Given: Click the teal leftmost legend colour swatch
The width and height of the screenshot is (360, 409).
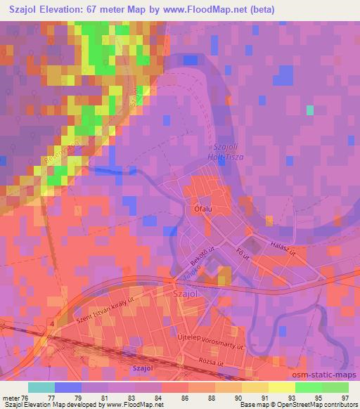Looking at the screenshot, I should [41, 387].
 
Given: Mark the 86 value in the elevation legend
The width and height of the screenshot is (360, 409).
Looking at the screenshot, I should [184, 398].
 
